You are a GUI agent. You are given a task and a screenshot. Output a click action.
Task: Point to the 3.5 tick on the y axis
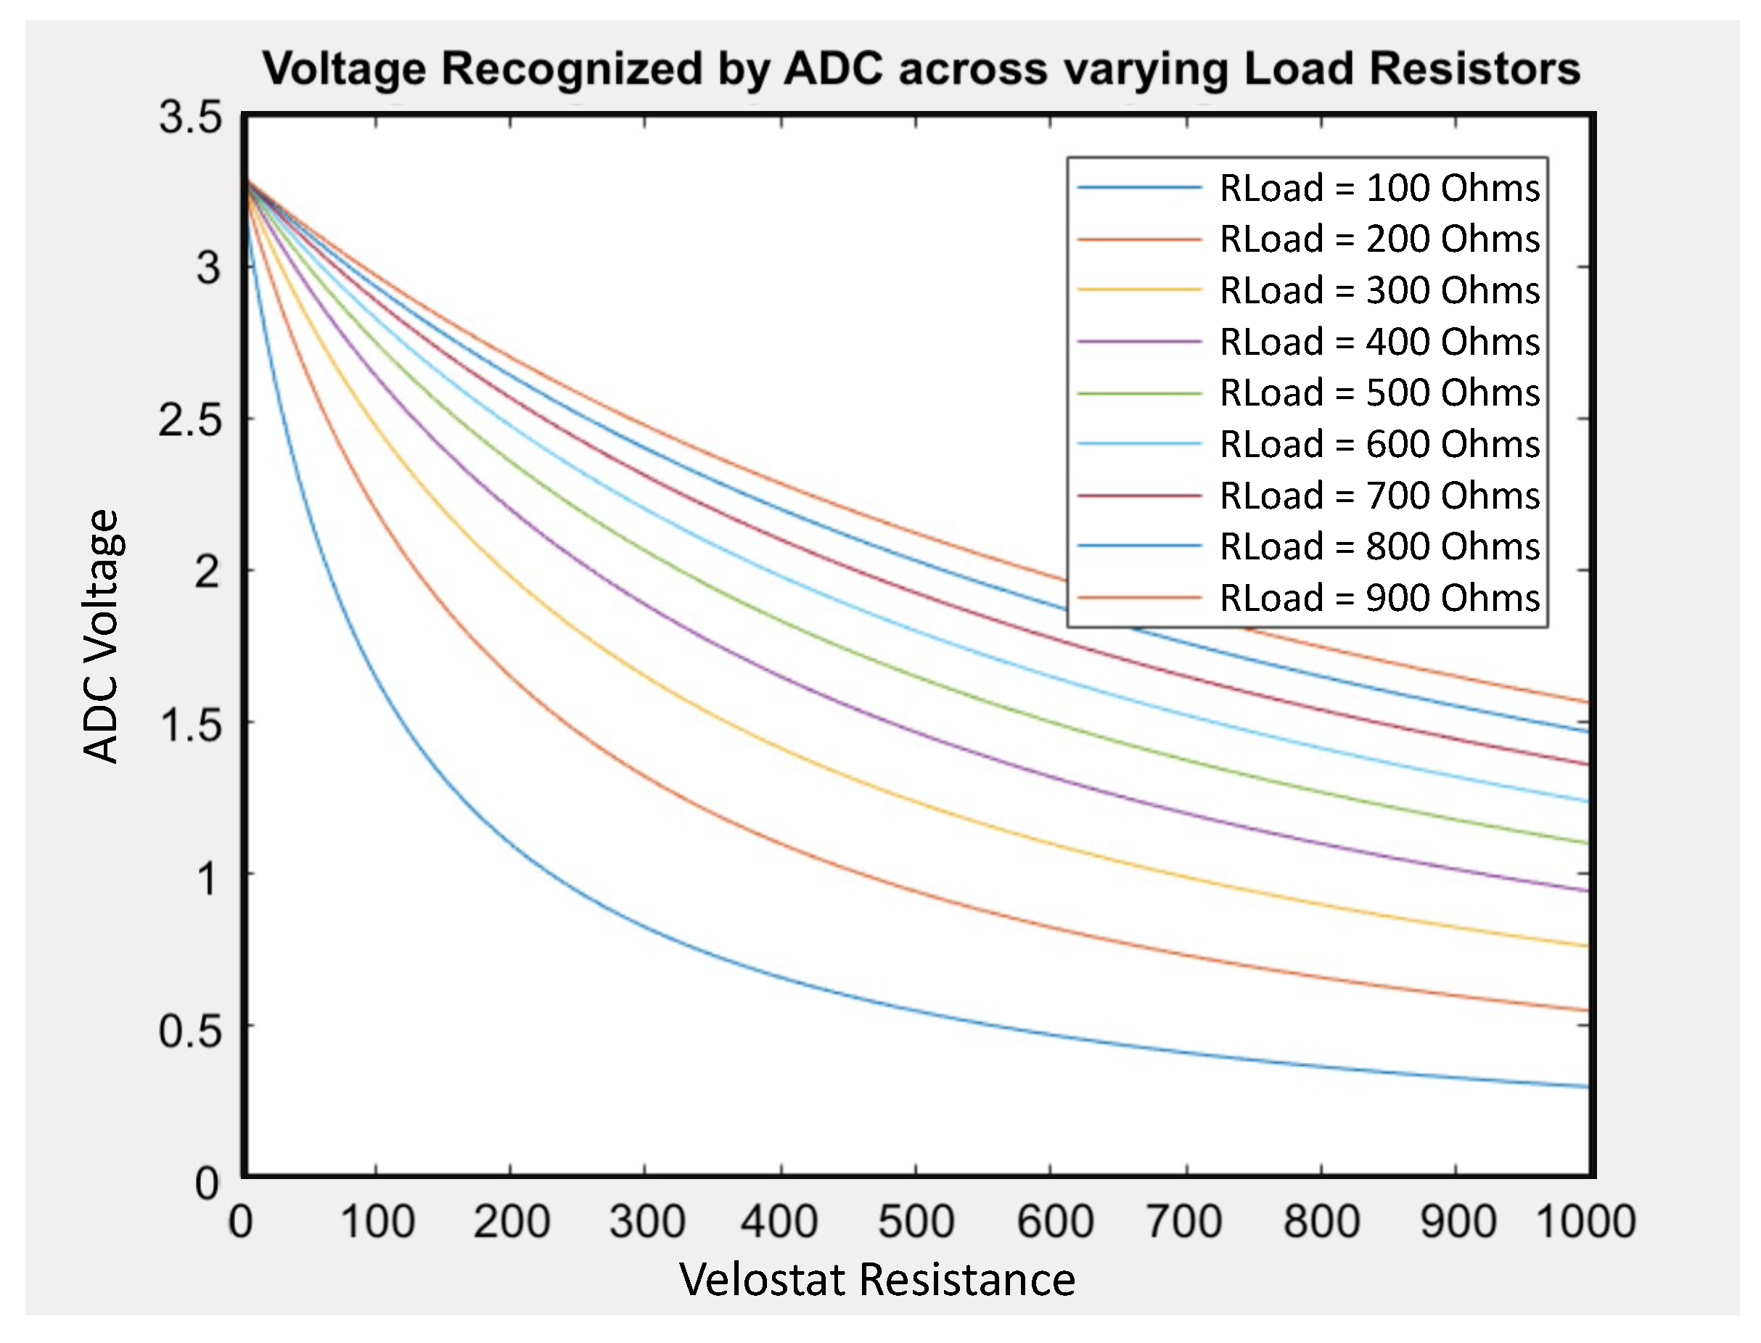[x=190, y=118]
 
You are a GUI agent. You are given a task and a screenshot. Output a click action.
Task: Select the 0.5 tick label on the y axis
[x=190, y=1030]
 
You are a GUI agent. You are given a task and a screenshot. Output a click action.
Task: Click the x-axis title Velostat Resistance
[x=877, y=1280]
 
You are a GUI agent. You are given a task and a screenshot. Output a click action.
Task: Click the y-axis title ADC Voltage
[x=102, y=636]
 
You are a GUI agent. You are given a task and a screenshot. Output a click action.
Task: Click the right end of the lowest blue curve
[x=1587, y=1086]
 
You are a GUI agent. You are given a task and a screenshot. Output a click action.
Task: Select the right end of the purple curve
[x=1587, y=890]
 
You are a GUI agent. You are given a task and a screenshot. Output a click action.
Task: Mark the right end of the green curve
[x=1587, y=843]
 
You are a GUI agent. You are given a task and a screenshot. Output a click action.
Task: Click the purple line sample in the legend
[x=1139, y=342]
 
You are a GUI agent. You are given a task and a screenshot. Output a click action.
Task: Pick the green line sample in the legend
[x=1139, y=393]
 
